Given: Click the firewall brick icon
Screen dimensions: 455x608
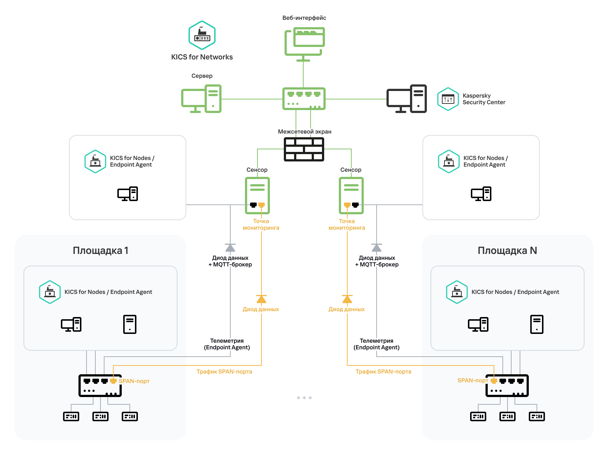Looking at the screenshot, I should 304,149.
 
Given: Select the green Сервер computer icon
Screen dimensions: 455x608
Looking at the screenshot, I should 201,99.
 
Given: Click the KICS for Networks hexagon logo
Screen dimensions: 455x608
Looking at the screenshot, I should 202,35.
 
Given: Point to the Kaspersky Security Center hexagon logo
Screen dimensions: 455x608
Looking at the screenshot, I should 448,99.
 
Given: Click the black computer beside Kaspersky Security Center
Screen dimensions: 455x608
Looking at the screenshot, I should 407,99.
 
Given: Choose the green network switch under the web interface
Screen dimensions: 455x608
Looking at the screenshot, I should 304,99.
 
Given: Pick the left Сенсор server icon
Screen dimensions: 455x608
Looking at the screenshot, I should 257,195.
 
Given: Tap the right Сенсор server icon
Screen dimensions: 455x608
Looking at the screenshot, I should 351,195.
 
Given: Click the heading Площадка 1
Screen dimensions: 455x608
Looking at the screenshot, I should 100,251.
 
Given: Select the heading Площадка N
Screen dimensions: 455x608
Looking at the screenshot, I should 507,251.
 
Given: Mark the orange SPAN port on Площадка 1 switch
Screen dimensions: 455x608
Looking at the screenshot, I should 113,381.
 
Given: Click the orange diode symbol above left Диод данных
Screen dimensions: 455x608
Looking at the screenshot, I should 261,299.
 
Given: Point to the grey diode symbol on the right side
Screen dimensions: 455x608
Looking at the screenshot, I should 377,248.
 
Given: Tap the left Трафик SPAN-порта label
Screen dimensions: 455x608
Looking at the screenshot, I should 224,372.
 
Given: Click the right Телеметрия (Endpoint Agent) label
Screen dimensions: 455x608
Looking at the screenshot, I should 377,344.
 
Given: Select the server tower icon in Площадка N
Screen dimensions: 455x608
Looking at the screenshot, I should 537,324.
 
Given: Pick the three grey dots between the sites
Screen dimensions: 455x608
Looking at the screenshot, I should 304,398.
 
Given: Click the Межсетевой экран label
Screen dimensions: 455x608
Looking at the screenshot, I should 304,132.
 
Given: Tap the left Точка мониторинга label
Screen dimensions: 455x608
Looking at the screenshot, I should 261,225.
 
